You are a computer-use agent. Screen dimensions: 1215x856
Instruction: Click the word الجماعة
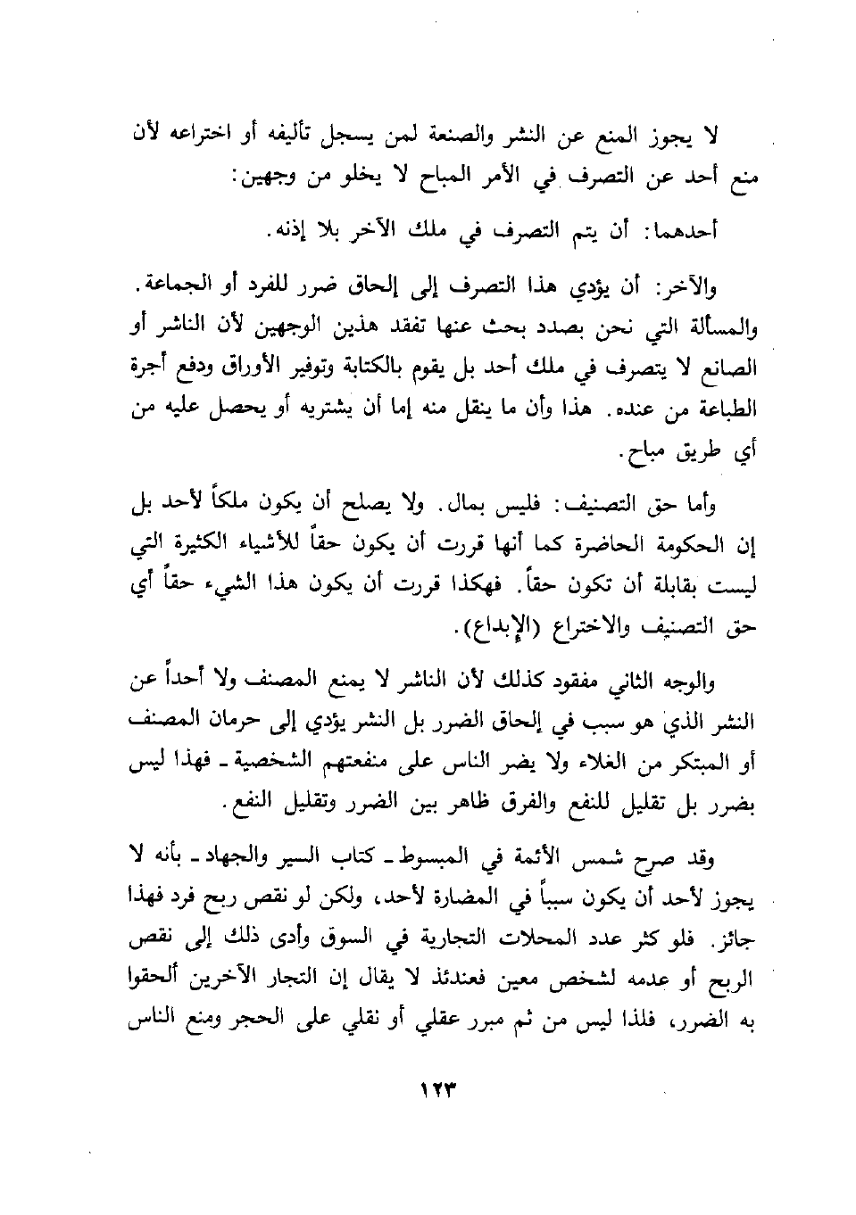click(x=170, y=287)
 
